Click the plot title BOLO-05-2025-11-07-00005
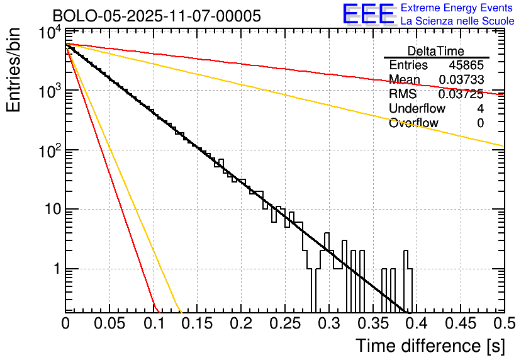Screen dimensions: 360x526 tap(157, 16)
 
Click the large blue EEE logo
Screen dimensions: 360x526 tap(368, 14)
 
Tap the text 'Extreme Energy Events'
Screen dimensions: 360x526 tap(457, 8)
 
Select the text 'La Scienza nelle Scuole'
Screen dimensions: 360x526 tap(457, 21)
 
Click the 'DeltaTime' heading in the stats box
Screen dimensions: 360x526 tap(436, 51)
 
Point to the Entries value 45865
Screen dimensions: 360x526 tap(466, 65)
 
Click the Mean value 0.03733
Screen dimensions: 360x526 tap(461, 79)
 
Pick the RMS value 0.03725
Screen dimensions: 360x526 tap(461, 94)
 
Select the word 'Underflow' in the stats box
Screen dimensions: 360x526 tap(417, 109)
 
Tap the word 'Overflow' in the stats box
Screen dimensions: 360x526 tap(413, 123)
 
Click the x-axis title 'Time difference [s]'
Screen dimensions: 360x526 tap(429, 346)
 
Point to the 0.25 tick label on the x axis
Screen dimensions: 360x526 tap(284, 323)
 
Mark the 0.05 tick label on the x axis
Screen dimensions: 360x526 tap(109, 323)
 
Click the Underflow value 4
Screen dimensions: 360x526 tap(481, 109)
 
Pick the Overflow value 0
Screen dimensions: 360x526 tap(481, 123)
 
